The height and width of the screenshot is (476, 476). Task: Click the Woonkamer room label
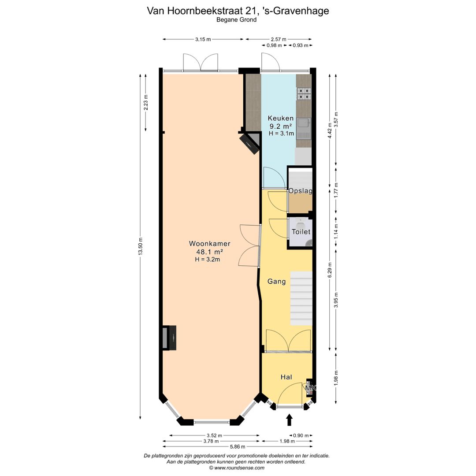210,243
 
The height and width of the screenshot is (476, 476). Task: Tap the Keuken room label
281,118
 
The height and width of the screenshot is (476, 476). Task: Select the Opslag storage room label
300,191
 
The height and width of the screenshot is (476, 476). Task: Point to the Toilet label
301,232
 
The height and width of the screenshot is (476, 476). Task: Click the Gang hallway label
277,281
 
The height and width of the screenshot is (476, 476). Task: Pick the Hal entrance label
286,377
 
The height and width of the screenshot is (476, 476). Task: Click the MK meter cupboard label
311,388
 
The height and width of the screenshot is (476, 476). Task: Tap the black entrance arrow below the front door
290,420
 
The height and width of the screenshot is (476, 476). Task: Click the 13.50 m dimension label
141,246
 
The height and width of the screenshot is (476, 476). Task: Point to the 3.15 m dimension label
203,39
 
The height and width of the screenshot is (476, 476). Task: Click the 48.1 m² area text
209,252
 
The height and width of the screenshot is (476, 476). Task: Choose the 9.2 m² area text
281,126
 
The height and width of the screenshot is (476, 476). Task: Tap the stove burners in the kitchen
304,93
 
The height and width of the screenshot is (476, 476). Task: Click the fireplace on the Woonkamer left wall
169,338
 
